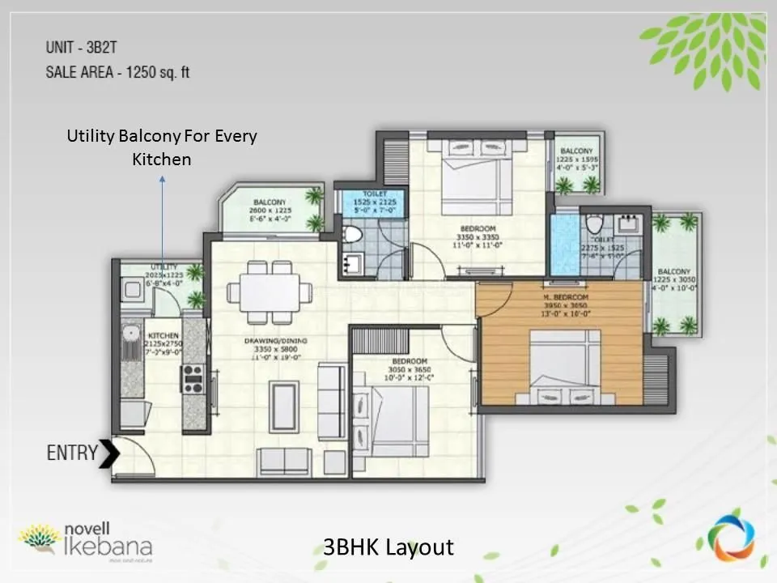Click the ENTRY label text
[71, 453]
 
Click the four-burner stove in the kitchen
[193, 377]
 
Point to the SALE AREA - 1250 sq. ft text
[117, 72]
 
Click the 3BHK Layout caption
[388, 547]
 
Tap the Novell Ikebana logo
[85, 540]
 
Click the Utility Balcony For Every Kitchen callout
[161, 147]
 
